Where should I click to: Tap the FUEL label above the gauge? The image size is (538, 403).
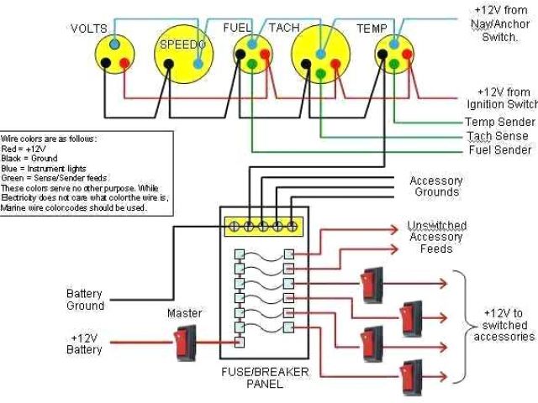(237, 28)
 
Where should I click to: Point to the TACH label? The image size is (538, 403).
(283, 28)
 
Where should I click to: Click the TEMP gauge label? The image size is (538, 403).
(372, 28)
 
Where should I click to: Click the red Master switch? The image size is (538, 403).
(183, 342)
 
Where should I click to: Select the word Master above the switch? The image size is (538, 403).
(184, 313)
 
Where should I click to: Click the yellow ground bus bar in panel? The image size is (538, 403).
(263, 225)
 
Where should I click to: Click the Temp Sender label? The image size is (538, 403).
(500, 123)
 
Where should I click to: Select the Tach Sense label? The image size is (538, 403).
(499, 136)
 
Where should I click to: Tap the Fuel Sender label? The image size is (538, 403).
(500, 150)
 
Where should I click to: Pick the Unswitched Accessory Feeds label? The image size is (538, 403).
(436, 237)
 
